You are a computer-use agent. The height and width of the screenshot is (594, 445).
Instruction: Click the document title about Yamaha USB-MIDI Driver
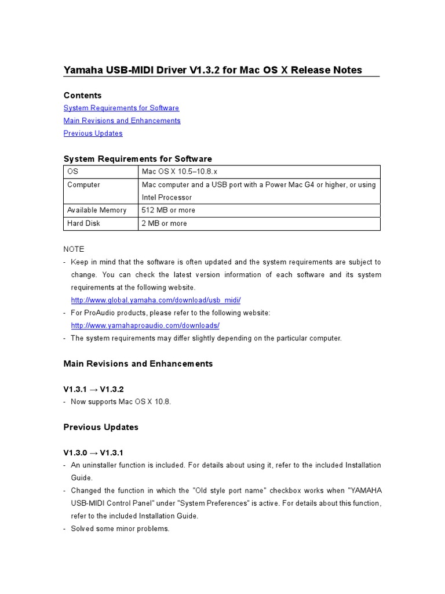[213, 70]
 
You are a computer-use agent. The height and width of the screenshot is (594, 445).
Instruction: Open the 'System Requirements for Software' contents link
[121, 108]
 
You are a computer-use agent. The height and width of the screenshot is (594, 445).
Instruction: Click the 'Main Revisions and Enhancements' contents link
[122, 121]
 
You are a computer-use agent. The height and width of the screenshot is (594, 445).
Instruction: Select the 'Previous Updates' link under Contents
[93, 133]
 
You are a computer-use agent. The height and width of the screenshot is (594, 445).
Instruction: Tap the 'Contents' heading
[82, 95]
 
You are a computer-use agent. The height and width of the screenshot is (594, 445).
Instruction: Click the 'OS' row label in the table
[72, 172]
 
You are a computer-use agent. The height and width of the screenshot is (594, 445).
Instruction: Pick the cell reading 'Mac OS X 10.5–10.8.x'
[179, 172]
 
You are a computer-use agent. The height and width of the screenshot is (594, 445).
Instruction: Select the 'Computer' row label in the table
[83, 184]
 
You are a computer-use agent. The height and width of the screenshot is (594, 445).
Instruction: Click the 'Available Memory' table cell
[96, 210]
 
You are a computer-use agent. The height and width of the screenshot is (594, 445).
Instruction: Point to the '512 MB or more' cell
[168, 210]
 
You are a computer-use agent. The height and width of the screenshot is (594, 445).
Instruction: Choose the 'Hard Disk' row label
[83, 223]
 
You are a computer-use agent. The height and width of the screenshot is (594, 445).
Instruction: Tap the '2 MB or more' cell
[164, 223]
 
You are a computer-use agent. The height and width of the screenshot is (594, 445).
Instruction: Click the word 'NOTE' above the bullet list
[74, 249]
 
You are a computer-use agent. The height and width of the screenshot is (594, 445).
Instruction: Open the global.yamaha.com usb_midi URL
[155, 300]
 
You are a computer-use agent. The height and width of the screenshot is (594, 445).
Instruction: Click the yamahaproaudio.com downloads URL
[145, 326]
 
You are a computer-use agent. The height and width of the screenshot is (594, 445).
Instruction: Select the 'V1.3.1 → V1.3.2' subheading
[93, 389]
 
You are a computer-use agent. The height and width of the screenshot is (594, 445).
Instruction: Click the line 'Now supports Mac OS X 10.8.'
[121, 401]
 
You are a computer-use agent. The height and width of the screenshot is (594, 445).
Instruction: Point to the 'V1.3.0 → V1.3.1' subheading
[93, 452]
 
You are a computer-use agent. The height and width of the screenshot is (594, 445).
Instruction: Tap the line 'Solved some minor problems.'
[120, 528]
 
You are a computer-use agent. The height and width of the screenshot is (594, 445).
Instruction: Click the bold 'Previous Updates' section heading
[101, 427]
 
